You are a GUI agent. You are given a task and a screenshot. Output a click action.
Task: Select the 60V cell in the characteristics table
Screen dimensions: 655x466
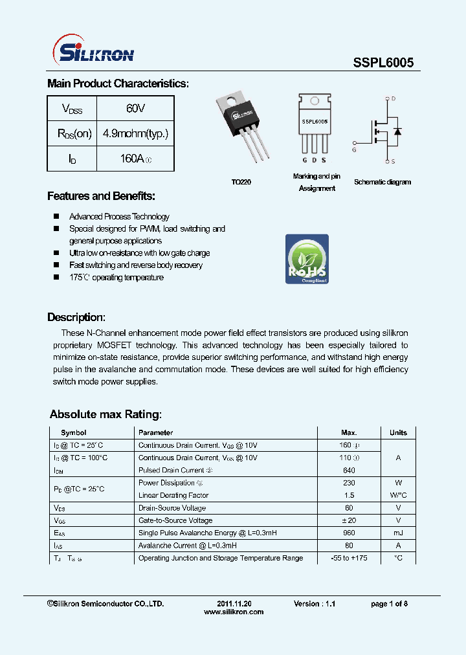click(x=135, y=109)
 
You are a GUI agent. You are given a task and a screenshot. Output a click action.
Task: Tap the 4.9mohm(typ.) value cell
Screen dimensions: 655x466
click(x=135, y=134)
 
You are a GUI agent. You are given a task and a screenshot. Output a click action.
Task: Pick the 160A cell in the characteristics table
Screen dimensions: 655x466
click(x=135, y=159)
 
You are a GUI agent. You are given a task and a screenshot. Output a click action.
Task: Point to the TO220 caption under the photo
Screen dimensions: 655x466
click(x=241, y=183)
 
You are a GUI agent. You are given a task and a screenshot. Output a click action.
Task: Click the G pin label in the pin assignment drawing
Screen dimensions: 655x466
click(x=304, y=160)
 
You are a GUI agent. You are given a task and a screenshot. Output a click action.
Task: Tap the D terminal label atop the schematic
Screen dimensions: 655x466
click(x=392, y=99)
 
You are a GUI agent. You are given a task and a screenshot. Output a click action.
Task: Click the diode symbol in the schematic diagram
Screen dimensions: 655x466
click(x=397, y=131)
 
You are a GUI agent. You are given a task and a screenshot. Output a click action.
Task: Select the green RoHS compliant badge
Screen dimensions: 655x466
click(x=307, y=259)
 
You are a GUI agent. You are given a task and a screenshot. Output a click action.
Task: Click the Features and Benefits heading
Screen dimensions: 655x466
click(x=101, y=196)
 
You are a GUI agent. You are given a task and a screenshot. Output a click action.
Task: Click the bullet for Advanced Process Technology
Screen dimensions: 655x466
click(x=56, y=217)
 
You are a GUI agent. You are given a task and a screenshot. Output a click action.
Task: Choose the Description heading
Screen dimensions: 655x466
click(x=76, y=317)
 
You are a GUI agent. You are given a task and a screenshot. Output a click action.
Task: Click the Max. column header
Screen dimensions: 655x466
click(x=349, y=432)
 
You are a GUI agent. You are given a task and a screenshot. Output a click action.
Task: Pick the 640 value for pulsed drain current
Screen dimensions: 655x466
click(x=349, y=470)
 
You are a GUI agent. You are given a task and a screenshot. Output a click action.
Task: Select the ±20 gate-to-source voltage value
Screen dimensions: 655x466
click(x=349, y=520)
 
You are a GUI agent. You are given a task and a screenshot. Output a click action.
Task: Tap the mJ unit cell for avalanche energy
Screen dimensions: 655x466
click(x=398, y=533)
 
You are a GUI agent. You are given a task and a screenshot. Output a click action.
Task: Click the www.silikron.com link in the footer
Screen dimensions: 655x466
click(x=234, y=612)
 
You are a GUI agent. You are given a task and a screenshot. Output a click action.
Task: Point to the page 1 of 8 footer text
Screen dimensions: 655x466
click(x=389, y=603)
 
